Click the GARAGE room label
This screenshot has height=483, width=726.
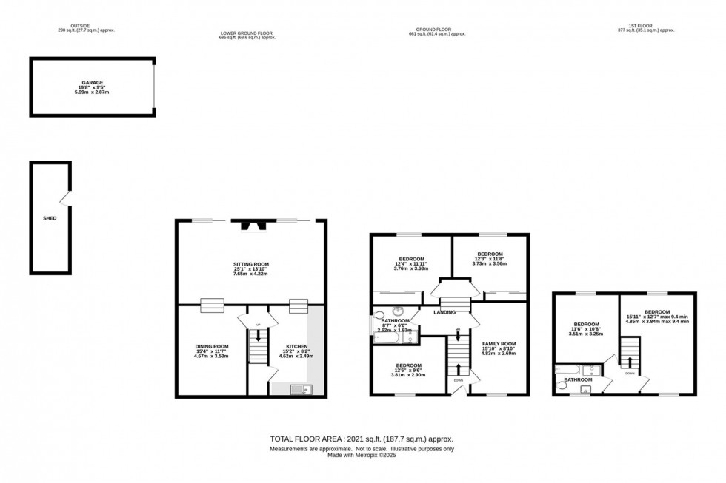[93, 84]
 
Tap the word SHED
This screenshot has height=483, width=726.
[50, 218]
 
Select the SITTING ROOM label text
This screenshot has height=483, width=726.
[251, 264]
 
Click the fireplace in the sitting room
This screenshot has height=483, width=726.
[251, 224]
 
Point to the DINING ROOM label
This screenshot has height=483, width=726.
[211, 346]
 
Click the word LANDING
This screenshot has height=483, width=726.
[444, 313]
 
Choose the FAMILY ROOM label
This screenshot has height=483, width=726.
[498, 344]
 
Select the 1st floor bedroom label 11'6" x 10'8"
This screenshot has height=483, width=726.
[586, 329]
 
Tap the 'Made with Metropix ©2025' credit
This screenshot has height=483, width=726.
[363, 455]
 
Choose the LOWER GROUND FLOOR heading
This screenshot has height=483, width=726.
[247, 33]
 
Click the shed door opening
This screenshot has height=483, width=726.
[67, 197]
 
